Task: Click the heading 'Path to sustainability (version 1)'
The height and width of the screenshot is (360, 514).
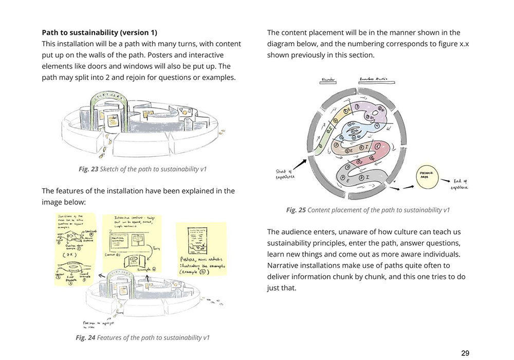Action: (99, 33)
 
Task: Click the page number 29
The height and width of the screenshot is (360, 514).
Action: (465, 353)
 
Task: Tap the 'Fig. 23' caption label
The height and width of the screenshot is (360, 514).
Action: (87, 169)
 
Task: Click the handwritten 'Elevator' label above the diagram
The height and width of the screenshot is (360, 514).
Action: (328, 79)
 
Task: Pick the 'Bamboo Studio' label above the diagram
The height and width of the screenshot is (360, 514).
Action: (373, 79)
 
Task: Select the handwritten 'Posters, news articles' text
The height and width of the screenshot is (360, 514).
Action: (203, 262)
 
